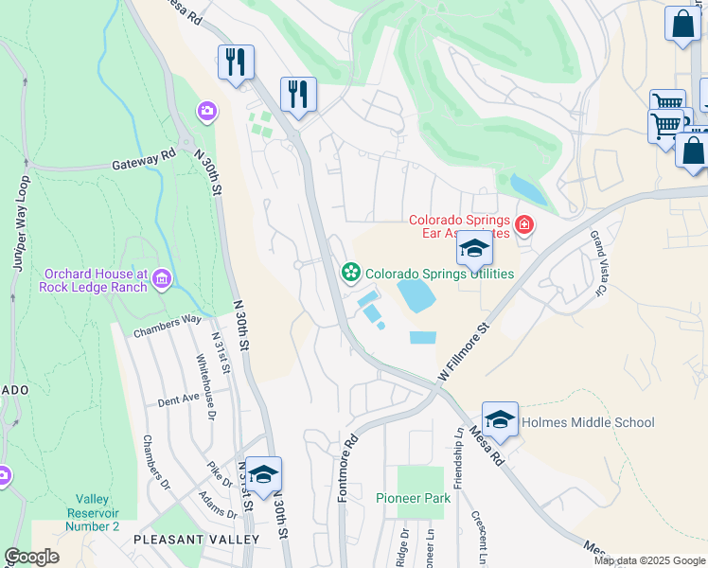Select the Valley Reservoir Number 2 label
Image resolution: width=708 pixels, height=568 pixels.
tap(97, 512)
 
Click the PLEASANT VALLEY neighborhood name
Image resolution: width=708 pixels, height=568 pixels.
tap(196, 539)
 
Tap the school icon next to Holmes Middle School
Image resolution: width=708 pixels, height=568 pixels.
tap(500, 419)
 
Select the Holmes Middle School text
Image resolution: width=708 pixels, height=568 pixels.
tap(588, 423)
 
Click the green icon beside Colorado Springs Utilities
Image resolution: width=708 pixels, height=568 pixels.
tap(351, 273)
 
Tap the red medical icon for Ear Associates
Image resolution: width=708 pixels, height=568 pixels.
tap(523, 226)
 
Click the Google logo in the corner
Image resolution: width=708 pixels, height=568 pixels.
tap(32, 558)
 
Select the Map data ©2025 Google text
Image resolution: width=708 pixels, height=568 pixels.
tap(648, 560)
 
